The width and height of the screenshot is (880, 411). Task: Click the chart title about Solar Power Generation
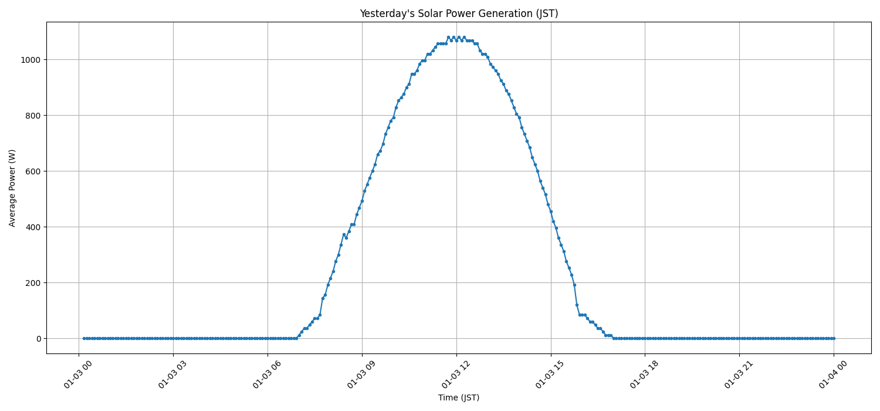[458, 14]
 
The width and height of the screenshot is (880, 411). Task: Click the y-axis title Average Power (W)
[12, 188]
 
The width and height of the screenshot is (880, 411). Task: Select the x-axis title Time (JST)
[458, 398]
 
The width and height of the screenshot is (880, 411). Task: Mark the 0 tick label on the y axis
[38, 339]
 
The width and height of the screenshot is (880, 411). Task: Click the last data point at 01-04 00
[833, 338]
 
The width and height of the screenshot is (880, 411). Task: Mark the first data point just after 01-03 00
[84, 338]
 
